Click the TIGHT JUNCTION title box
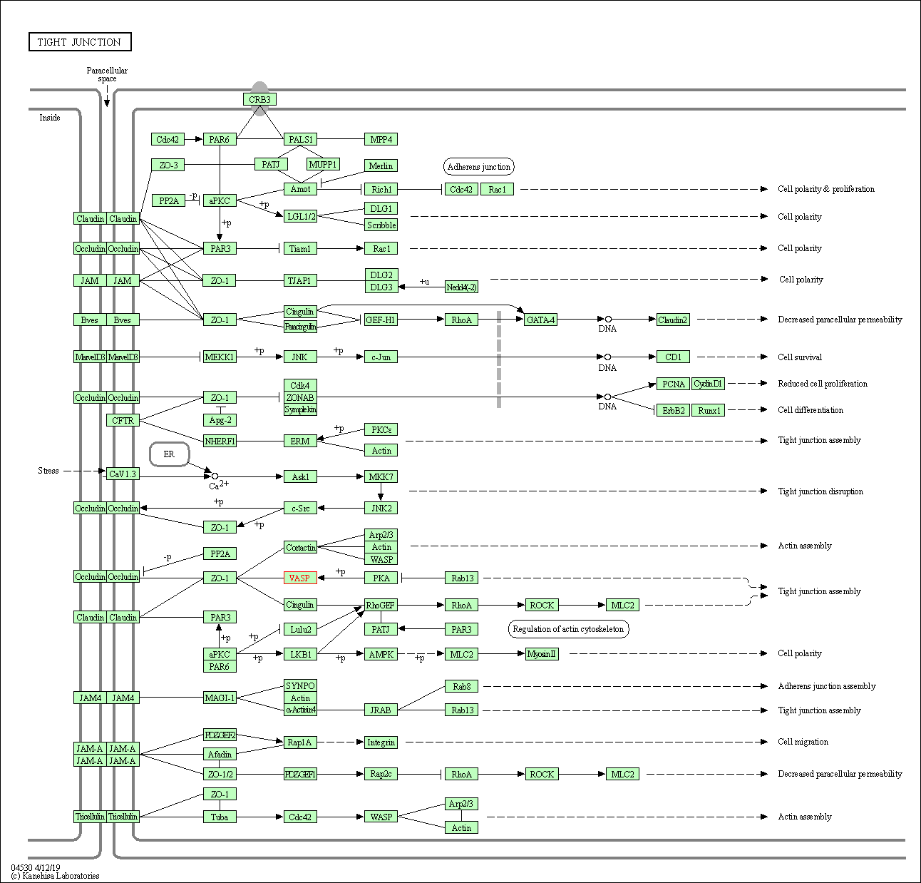coord(80,42)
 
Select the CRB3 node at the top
coord(259,99)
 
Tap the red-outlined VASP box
coord(300,578)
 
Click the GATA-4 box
coord(540,320)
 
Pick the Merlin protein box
coord(381,165)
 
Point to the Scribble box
coord(381,225)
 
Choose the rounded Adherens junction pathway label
coord(478,167)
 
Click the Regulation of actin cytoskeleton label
coord(568,629)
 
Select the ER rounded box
coord(169,454)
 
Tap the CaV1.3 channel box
coord(123,474)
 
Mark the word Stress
coord(48,471)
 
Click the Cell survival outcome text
coord(799,357)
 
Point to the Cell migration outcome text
coord(803,742)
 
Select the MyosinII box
coord(542,654)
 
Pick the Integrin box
coord(381,742)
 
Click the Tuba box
coord(220,817)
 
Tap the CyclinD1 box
coord(708,384)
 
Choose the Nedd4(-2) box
coord(461,287)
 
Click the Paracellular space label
coord(107,74)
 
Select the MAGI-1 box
coord(220,698)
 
